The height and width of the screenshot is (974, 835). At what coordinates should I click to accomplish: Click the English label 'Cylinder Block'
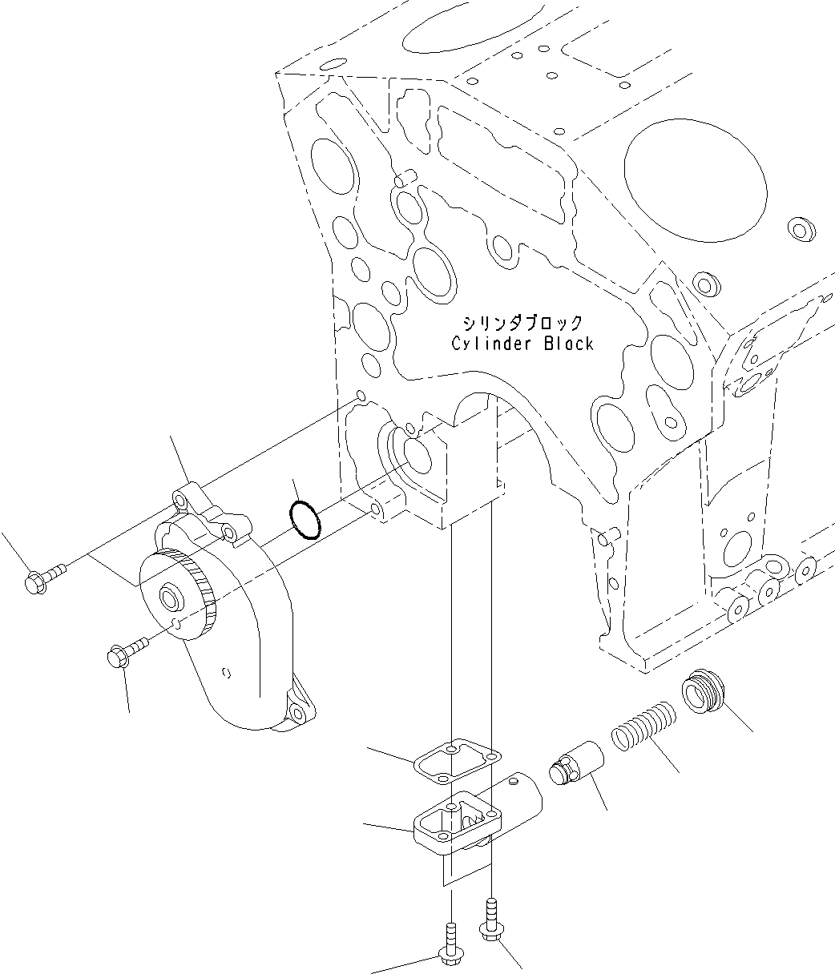click(x=522, y=344)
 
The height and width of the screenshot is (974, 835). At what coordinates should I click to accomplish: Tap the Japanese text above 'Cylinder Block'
click(x=522, y=323)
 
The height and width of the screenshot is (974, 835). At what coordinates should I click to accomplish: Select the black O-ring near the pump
click(x=305, y=520)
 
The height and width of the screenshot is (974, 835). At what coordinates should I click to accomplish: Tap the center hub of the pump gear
click(x=171, y=597)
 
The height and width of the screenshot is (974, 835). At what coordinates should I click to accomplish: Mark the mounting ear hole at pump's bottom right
click(x=298, y=711)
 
